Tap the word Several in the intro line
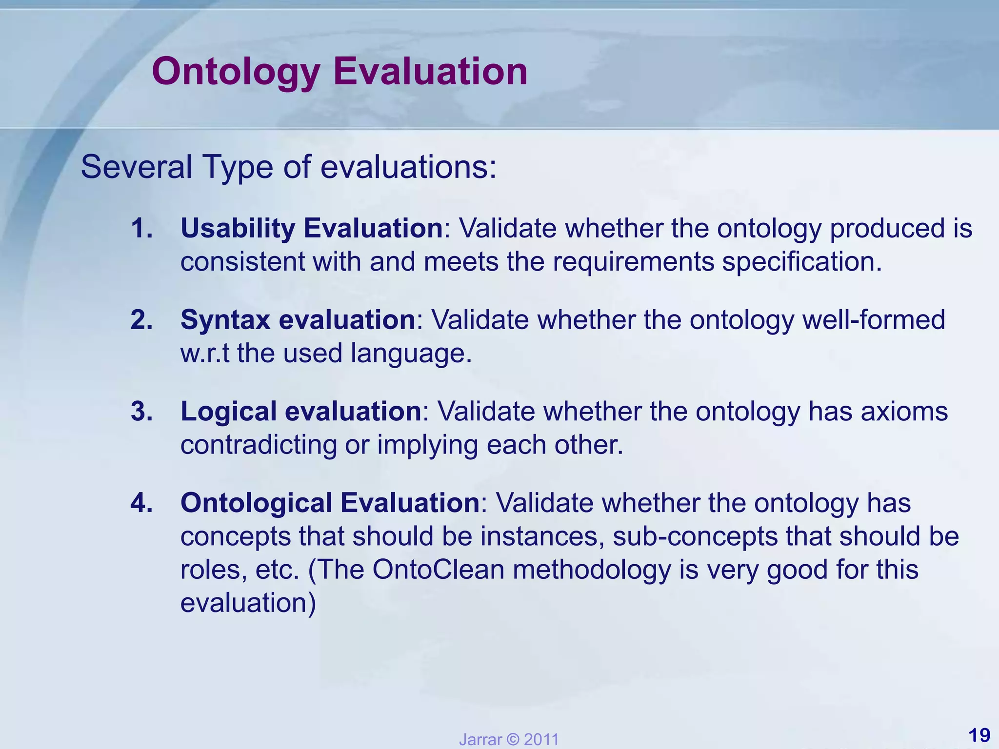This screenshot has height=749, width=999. click(x=136, y=167)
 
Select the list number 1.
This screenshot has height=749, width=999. click(x=142, y=228)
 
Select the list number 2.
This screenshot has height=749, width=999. click(x=142, y=320)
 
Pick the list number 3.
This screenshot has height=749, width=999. click(x=142, y=412)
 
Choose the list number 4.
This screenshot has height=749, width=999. click(x=142, y=503)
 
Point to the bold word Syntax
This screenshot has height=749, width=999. click(x=225, y=320)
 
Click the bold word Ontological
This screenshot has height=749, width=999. click(x=256, y=503)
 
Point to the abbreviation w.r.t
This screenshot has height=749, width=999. click(x=205, y=353)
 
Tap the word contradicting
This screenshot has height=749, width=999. click(x=259, y=445)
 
